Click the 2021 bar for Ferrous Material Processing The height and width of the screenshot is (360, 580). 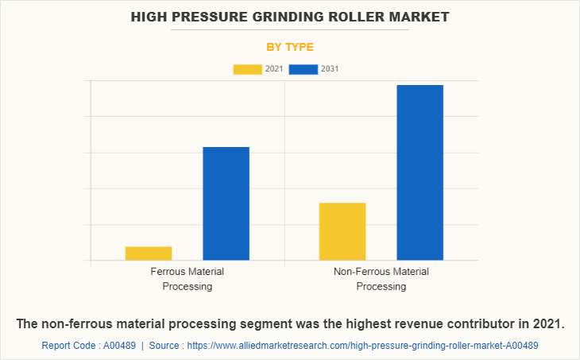(149, 254)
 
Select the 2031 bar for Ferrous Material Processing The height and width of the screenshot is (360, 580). (226, 203)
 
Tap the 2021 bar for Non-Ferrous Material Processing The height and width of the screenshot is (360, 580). (342, 231)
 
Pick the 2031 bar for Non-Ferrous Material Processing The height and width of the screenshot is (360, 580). (420, 172)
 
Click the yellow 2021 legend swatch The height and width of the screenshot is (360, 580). (247, 69)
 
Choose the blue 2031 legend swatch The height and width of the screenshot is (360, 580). (304, 69)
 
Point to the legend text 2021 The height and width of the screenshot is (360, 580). (273, 69)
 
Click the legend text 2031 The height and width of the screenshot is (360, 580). (330, 69)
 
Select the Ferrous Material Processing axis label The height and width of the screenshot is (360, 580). (188, 279)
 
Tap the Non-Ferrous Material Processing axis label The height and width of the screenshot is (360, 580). (381, 279)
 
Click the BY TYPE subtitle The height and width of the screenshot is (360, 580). (290, 47)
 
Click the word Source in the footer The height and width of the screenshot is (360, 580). (165, 346)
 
